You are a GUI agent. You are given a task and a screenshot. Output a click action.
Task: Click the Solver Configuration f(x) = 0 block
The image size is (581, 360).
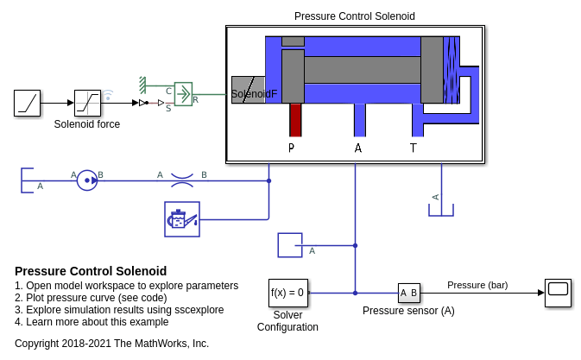tap(287, 293)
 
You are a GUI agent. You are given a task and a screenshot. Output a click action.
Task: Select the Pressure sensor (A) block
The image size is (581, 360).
tap(408, 294)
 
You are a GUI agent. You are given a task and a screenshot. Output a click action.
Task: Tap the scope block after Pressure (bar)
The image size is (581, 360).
tap(558, 293)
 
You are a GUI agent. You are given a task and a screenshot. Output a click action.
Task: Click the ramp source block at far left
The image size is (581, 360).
tap(27, 103)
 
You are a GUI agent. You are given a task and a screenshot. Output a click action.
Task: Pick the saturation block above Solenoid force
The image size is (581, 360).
tap(87, 103)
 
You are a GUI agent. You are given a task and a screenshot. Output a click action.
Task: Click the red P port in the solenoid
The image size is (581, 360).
tap(295, 120)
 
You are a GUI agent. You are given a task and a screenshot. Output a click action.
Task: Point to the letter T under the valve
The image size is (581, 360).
tap(413, 148)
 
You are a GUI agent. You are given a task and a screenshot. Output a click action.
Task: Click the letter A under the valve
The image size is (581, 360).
tap(358, 148)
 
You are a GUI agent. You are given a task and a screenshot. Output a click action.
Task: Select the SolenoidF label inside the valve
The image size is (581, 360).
tap(254, 93)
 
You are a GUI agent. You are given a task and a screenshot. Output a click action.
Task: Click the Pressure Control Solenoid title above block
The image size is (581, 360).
tap(354, 16)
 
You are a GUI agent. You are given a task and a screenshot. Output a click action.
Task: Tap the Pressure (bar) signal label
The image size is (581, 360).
tap(477, 285)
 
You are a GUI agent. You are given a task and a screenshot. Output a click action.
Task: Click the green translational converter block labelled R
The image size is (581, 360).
tap(183, 93)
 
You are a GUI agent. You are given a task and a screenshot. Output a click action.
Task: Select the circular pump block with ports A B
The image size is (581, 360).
tap(87, 180)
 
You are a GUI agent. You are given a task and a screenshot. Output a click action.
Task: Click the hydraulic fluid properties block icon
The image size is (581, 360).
tap(181, 219)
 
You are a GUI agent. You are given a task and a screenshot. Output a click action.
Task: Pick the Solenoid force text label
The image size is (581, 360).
tap(87, 124)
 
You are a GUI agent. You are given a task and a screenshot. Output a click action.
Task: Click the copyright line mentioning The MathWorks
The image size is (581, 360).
tap(111, 344)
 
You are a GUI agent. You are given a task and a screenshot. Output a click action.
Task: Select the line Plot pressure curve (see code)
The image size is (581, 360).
tap(91, 298)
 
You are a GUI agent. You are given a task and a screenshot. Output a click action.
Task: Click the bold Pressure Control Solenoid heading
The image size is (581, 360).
tap(91, 271)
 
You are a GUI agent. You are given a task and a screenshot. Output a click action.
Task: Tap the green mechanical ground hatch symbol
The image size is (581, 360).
tap(142, 85)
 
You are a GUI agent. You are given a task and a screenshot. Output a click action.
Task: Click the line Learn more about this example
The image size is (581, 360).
tap(92, 322)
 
